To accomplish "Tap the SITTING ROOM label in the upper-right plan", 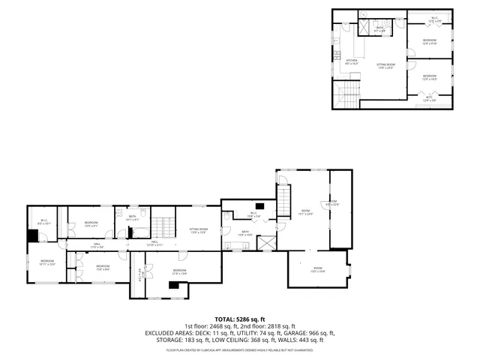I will pyautogui.click(x=385, y=66).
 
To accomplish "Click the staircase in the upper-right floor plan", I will pyautogui.click(x=346, y=95).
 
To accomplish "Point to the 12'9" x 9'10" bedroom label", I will pyautogui.click(x=430, y=41).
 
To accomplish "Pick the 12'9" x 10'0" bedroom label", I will pyautogui.click(x=430, y=77).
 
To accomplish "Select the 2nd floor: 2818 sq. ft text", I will pyautogui.click(x=271, y=325).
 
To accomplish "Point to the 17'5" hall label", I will pyautogui.click(x=97, y=245).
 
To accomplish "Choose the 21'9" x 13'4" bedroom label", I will pyautogui.click(x=179, y=272).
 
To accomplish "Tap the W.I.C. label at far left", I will pyautogui.click(x=43, y=222).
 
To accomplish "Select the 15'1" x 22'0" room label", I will pyautogui.click(x=305, y=212).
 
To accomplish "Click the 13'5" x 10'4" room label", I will pyautogui.click(x=318, y=270).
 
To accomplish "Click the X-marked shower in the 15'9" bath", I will pyautogui.click(x=265, y=242).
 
